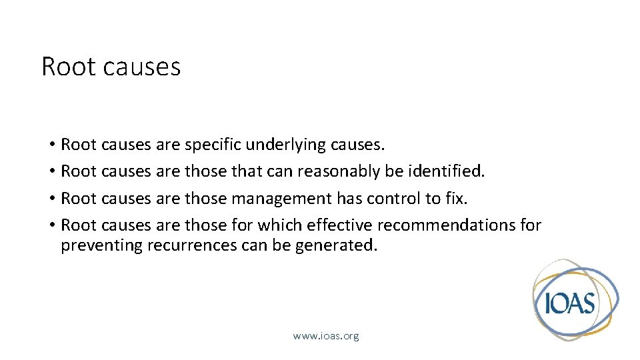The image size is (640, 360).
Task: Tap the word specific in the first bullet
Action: point(213,145)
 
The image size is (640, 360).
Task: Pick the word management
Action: point(281,198)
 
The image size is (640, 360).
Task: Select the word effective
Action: point(341,225)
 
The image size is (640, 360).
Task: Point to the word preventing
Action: point(101,245)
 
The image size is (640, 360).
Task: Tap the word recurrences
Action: point(192,245)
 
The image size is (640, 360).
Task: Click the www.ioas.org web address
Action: point(326,336)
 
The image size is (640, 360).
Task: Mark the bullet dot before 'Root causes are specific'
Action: point(51,145)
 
